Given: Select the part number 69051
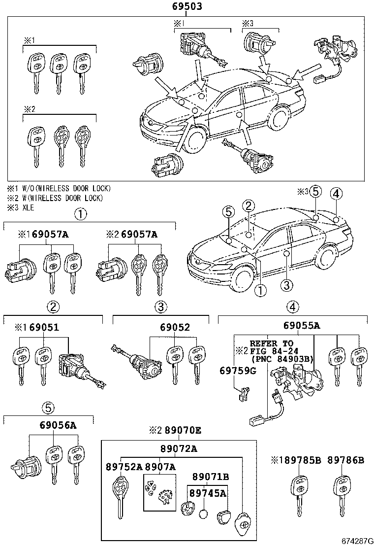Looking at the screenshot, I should coord(49,328).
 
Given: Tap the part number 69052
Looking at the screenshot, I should coord(160,328).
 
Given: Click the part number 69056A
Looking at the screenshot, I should coord(58,426).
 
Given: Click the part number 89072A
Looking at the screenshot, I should coord(178,448).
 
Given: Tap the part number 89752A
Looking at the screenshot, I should coord(124,467).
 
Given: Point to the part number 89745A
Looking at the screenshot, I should coord(209,492).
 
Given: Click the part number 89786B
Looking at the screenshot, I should coord(345,460).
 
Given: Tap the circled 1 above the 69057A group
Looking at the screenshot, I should coord(80,214).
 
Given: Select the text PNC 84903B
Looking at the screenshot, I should coord(281,359).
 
